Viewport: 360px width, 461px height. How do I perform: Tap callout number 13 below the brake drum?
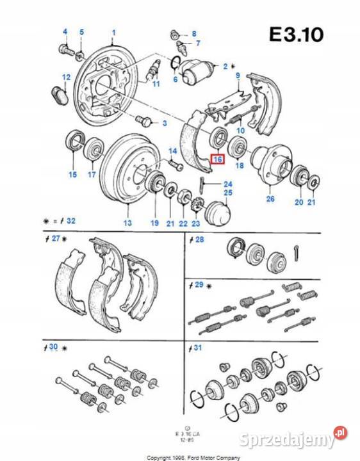point(127,222)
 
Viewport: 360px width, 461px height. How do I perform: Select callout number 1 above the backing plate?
point(114,33)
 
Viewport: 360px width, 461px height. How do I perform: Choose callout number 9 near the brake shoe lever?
point(237,76)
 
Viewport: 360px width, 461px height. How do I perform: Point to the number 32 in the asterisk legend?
point(71,221)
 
